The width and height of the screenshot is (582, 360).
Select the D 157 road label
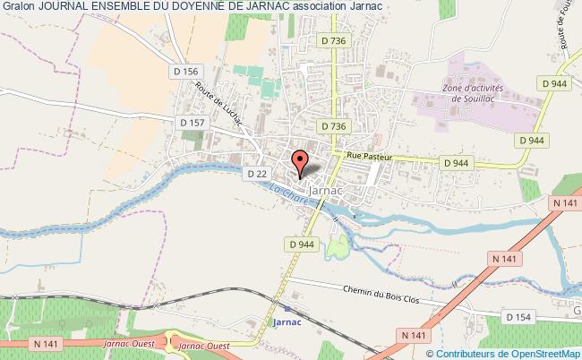click(192, 122)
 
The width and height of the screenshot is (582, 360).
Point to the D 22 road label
click(256, 174)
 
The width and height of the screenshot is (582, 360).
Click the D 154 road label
click(518, 316)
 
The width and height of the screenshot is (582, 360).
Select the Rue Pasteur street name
click(364, 155)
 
